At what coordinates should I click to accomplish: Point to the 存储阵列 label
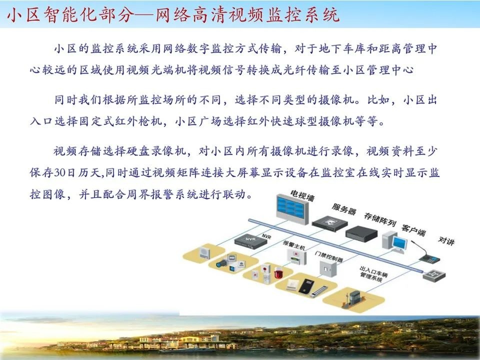point(379,218)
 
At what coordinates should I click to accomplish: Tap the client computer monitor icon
point(398,243)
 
